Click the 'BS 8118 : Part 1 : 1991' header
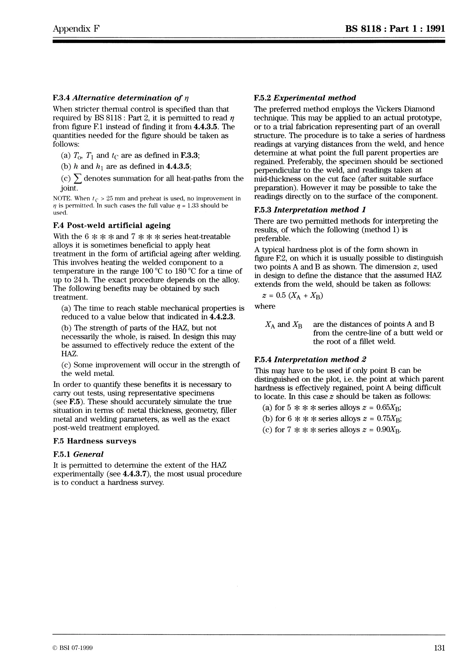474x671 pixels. (395, 29)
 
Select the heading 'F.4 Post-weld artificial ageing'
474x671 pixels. (112, 225)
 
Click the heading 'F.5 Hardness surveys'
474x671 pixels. (95, 441)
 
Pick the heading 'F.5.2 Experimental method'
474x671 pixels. (305, 98)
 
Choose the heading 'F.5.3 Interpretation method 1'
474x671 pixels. (310, 210)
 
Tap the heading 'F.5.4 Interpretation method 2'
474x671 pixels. (310, 359)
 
